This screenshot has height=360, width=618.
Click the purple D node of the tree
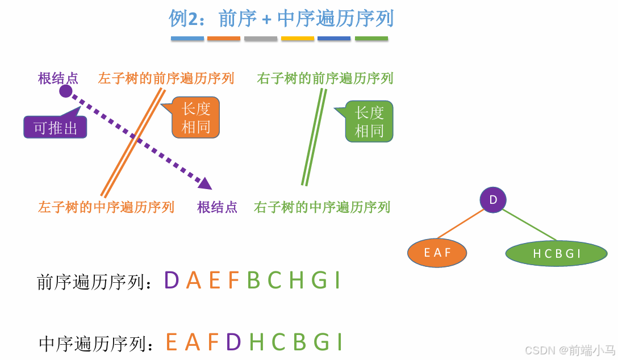(492, 200)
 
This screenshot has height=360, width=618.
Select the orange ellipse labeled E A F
(437, 253)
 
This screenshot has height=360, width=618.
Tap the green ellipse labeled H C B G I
(557, 253)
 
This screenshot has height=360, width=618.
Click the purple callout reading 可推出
(55, 128)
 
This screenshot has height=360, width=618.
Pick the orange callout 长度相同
(196, 118)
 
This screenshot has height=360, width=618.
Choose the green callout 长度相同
(369, 122)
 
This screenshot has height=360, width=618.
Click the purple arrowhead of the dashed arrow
(205, 183)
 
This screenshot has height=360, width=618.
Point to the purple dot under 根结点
(66, 91)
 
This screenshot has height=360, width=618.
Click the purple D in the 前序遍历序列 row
(172, 281)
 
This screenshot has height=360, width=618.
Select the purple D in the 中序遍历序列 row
(233, 342)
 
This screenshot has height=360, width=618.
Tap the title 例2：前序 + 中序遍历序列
(281, 19)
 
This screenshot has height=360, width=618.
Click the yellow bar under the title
(298, 39)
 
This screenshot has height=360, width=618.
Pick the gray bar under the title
(261, 39)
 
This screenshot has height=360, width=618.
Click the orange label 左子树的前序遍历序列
(166, 78)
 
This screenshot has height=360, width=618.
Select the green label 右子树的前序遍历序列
(325, 78)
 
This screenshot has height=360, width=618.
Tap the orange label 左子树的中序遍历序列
(106, 207)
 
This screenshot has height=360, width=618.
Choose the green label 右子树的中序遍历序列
(322, 207)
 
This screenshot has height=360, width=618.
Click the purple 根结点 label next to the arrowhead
(217, 207)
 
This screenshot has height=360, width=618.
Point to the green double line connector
(314, 137)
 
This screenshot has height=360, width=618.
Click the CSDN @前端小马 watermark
(569, 350)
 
